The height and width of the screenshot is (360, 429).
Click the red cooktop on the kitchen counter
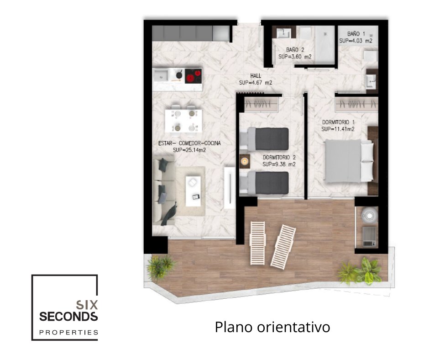point(194,76)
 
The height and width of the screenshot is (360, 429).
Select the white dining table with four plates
point(183,121)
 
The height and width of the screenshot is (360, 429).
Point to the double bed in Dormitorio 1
point(349,161)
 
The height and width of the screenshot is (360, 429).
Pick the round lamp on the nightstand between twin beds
point(244,161)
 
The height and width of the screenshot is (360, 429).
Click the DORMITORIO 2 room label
point(279,158)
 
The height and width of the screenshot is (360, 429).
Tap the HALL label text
point(256,76)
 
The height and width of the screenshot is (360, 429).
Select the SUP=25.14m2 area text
point(189,150)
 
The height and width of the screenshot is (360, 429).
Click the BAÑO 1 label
point(356,34)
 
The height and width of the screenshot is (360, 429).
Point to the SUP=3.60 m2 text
point(295,57)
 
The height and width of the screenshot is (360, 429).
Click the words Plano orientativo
point(272,327)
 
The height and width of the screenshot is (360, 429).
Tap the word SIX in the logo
point(87,304)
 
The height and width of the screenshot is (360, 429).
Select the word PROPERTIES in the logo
point(68,333)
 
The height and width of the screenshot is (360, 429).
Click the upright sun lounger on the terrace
point(258,243)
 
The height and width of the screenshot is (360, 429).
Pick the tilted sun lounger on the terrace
point(283,246)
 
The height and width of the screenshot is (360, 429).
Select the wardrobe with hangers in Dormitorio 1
point(356,104)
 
